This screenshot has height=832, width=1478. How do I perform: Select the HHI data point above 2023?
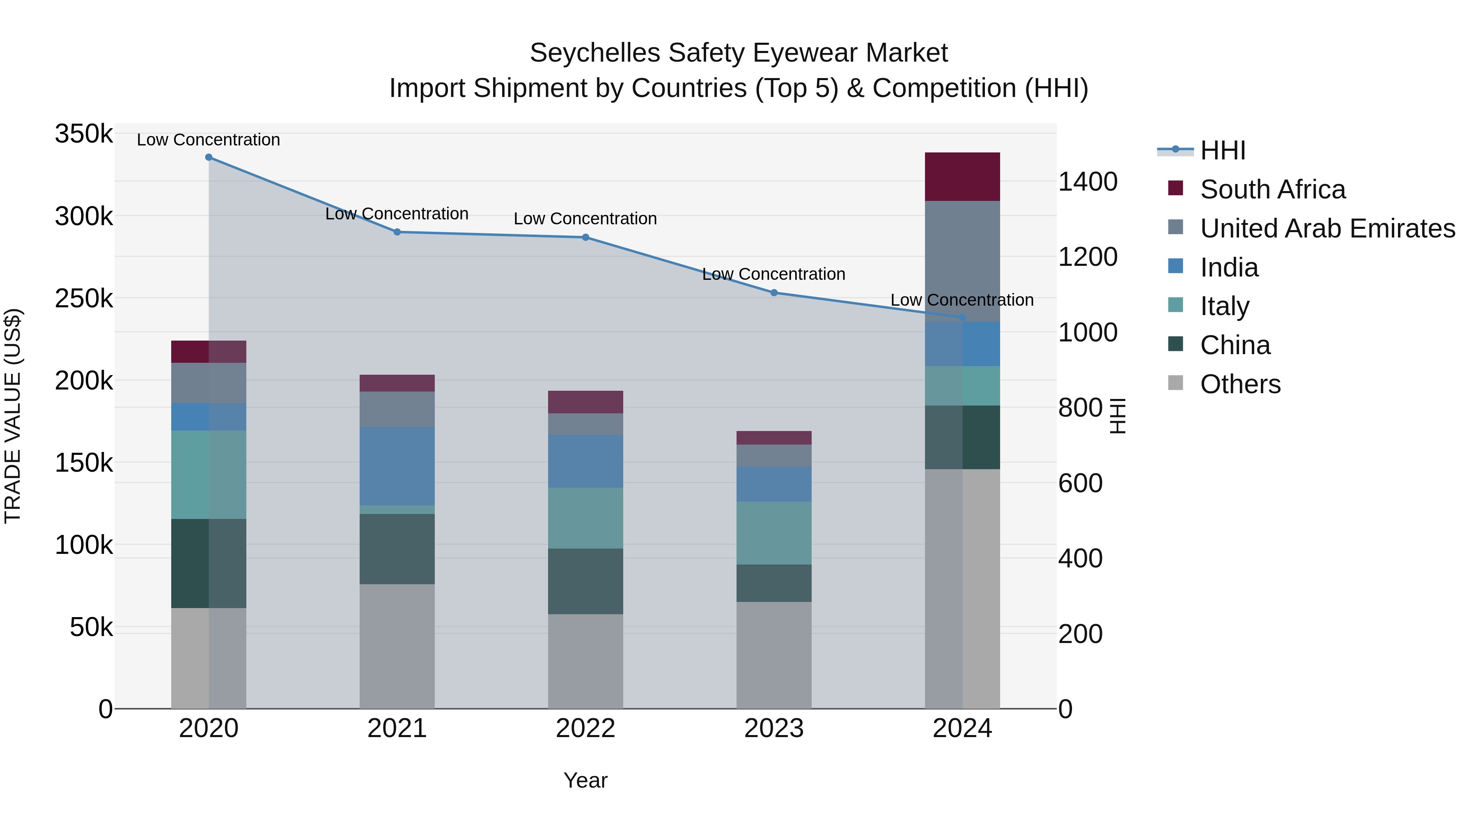773,293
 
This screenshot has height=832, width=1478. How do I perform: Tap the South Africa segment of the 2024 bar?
962,177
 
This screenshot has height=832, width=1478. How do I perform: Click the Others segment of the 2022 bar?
585,661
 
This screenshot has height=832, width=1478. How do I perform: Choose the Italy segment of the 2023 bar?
773,533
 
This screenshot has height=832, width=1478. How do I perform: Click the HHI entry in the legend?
1222,150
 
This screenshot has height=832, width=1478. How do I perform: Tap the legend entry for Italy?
1224,306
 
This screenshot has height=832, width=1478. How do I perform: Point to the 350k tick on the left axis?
84,134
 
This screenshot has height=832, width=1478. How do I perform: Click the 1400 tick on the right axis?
1087,182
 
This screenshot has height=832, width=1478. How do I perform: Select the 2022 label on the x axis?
585,728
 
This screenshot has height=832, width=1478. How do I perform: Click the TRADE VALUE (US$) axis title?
13,416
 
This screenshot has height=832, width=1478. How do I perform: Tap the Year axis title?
585,780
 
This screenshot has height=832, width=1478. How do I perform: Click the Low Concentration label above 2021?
397,214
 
